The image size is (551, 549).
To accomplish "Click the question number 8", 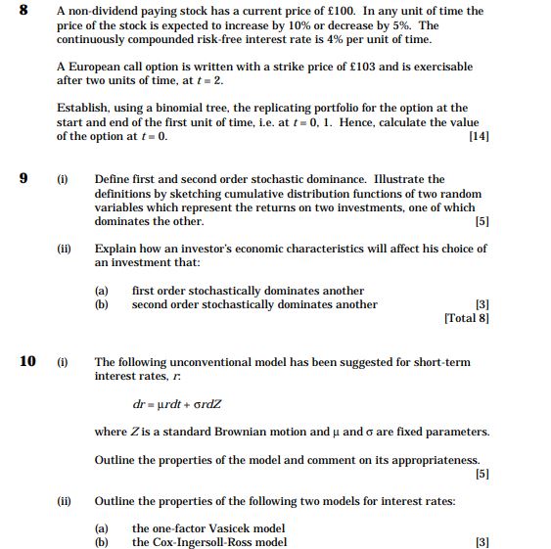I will point(23,10).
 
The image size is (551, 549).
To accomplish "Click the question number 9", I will point(23,179).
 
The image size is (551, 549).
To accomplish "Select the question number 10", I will point(27,362).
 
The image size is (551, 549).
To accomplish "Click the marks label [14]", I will point(480,137).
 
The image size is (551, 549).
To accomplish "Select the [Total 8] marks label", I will point(467,318).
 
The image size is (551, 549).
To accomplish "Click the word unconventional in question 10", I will point(201,362).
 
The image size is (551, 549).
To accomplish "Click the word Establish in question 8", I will point(82,108).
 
